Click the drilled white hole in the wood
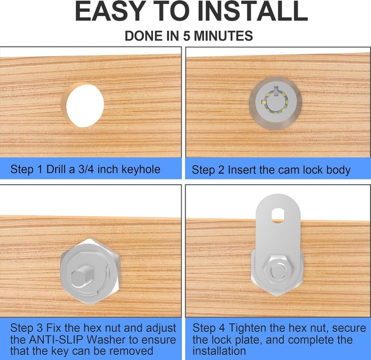tap(85, 106)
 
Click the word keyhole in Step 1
tap(141, 169)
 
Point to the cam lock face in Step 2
tap(275, 103)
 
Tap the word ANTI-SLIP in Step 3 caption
tap(56, 340)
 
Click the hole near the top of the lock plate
tap(278, 215)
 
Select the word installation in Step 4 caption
tap(219, 351)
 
